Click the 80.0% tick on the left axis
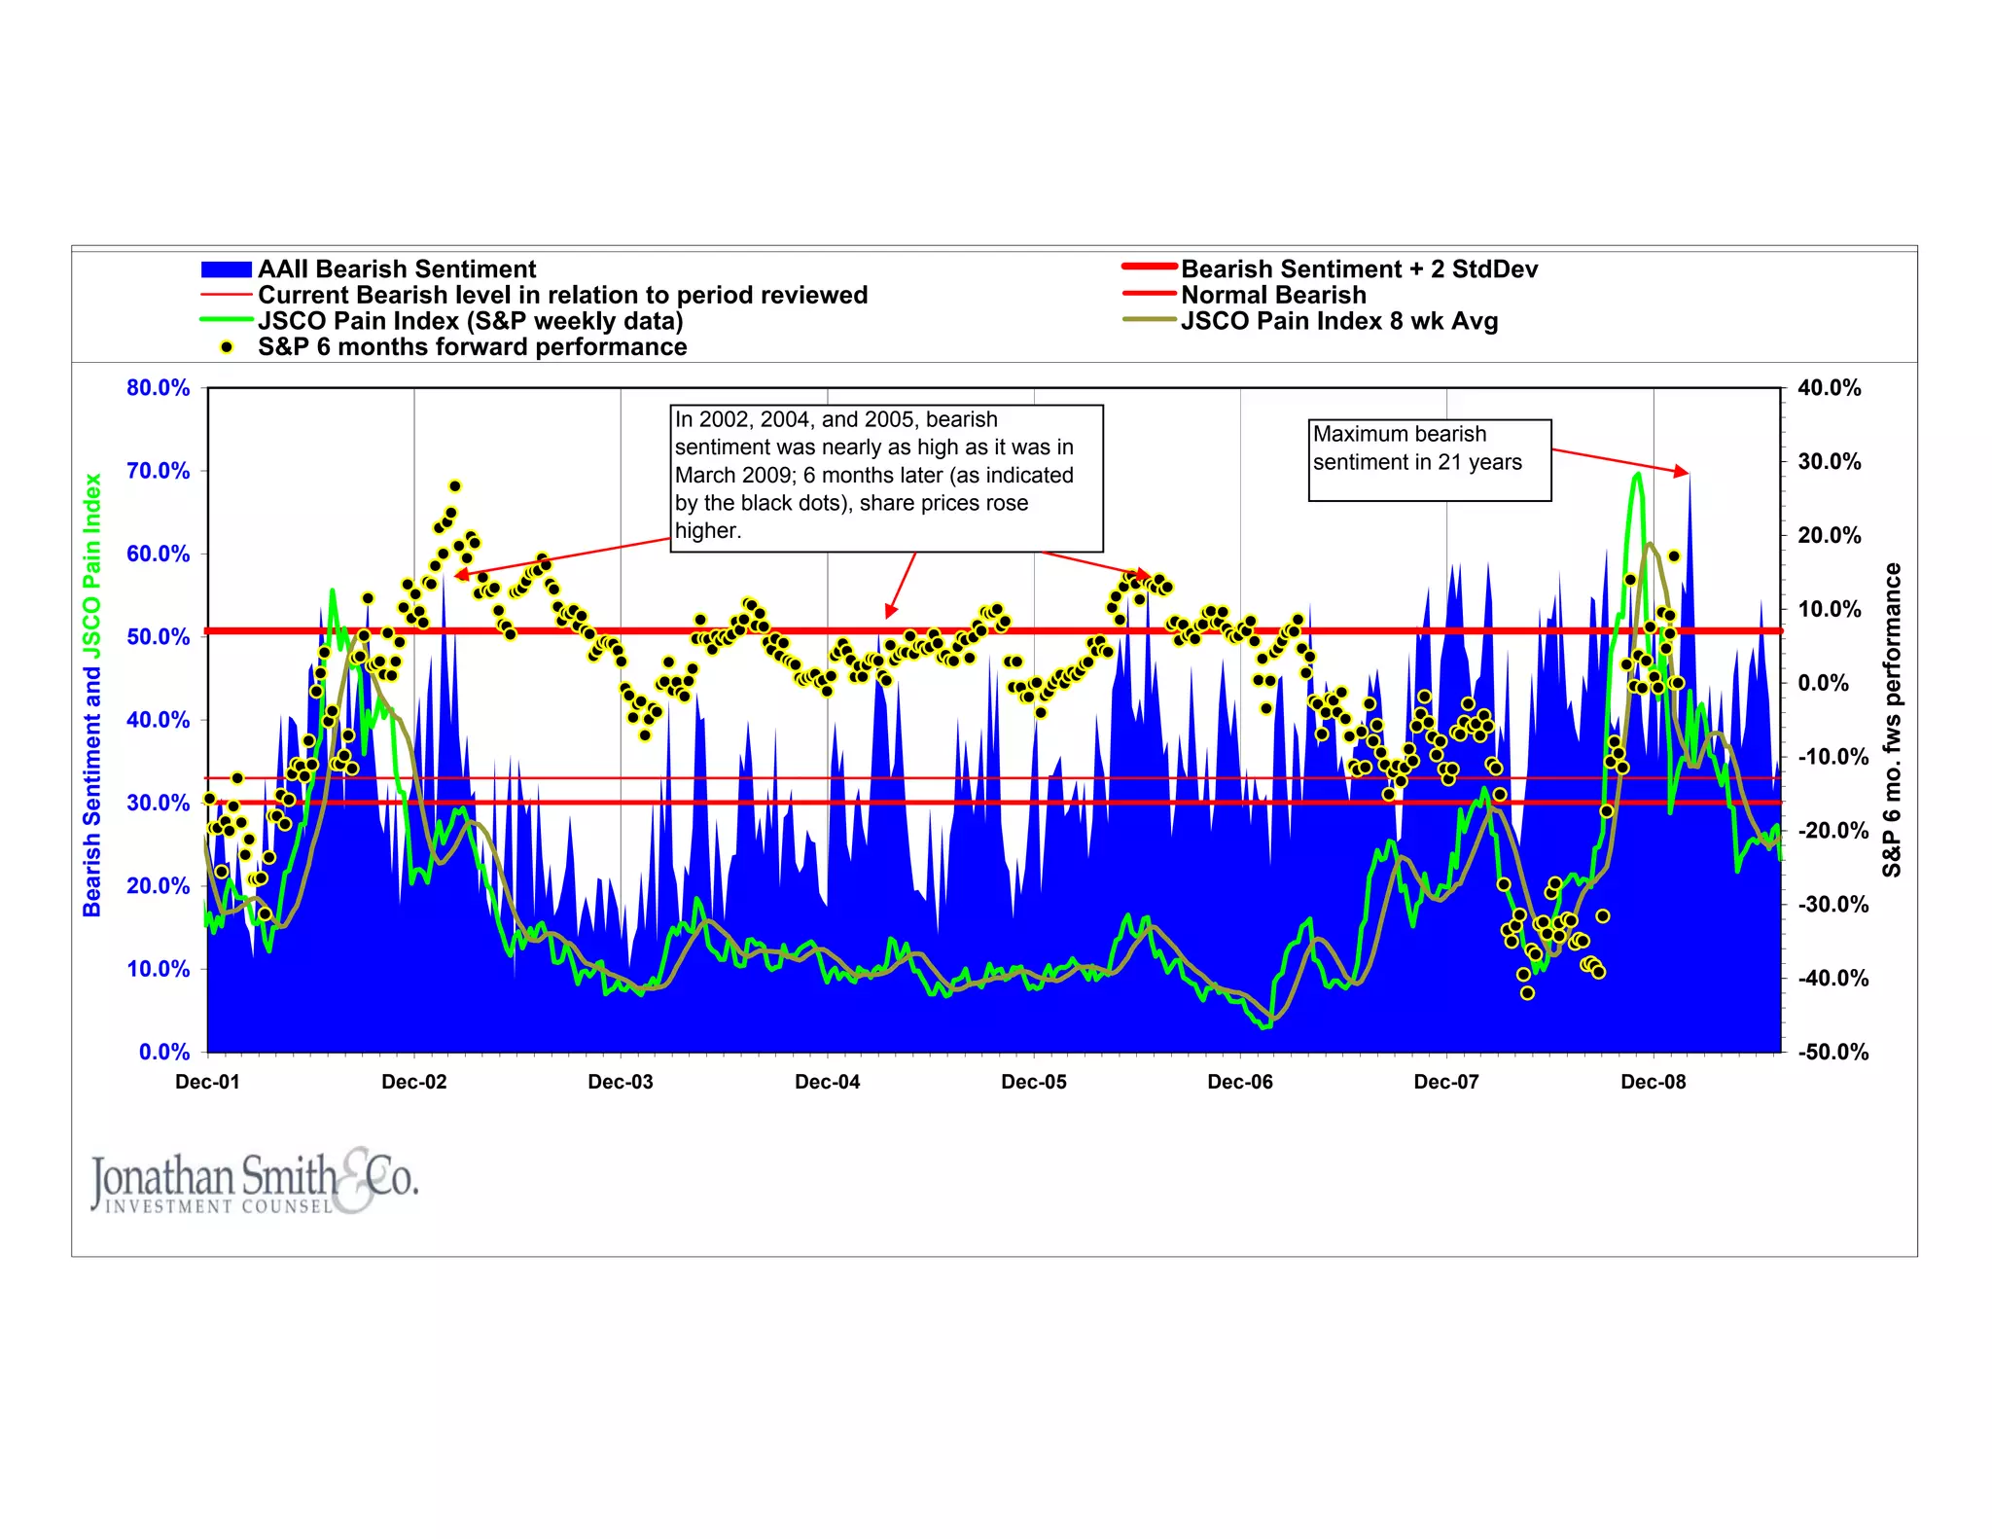pos(158,388)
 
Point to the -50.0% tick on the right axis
pos(1832,1052)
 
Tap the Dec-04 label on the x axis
pos(827,1082)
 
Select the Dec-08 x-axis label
pos(1653,1082)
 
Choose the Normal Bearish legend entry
pos(1272,296)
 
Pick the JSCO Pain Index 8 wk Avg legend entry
pos(1338,322)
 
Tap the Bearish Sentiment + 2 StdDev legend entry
pos(1359,269)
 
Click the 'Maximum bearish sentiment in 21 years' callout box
pos(1429,460)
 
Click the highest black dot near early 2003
pos(454,486)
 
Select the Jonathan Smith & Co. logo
pos(255,1181)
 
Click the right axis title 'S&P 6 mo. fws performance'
pos(1891,720)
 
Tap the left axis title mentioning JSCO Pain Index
pos(92,695)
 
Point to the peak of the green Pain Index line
pos(1638,475)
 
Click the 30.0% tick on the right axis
pos(1829,462)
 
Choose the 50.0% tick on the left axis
pos(158,637)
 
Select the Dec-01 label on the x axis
pos(207,1082)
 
